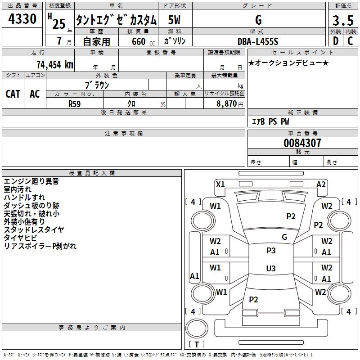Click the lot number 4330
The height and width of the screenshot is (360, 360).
pyautogui.click(x=22, y=19)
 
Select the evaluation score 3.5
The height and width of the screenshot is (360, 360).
pyautogui.click(x=342, y=21)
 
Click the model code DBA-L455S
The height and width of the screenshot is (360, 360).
pyautogui.click(x=258, y=41)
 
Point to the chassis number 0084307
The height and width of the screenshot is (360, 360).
pyautogui.click(x=302, y=144)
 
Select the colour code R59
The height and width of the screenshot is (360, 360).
pyautogui.click(x=75, y=103)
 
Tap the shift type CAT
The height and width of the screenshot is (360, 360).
pyautogui.click(x=13, y=94)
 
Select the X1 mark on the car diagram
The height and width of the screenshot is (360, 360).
pyautogui.click(x=220, y=184)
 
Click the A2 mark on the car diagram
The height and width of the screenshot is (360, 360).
pyautogui.click(x=321, y=184)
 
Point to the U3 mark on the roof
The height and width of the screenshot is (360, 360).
pyautogui.click(x=270, y=269)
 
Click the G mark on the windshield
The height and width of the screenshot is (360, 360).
pyautogui.click(x=284, y=237)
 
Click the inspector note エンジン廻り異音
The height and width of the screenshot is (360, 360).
pyautogui.click(x=31, y=181)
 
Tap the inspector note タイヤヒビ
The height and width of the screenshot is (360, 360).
pyautogui.click(x=21, y=238)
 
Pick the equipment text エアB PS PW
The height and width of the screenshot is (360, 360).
pyautogui.click(x=270, y=121)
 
